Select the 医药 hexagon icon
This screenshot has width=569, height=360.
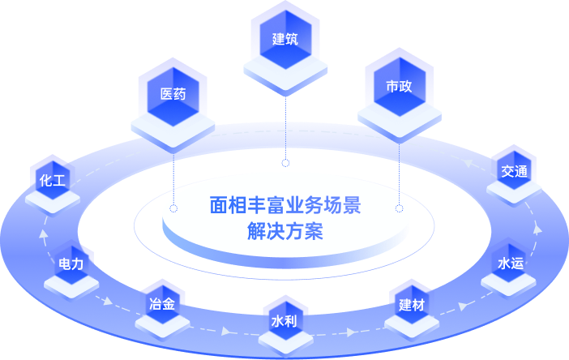click(173, 93)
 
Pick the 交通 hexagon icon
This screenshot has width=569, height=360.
click(514, 171)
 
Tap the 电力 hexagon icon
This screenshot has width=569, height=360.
click(71, 264)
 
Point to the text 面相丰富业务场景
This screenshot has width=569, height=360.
click(284, 205)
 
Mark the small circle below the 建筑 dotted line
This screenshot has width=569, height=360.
click(285, 164)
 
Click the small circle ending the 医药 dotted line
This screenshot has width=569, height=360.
click(173, 208)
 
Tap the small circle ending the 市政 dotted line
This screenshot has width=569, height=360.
click(399, 208)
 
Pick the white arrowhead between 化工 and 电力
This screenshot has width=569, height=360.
click(45, 236)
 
